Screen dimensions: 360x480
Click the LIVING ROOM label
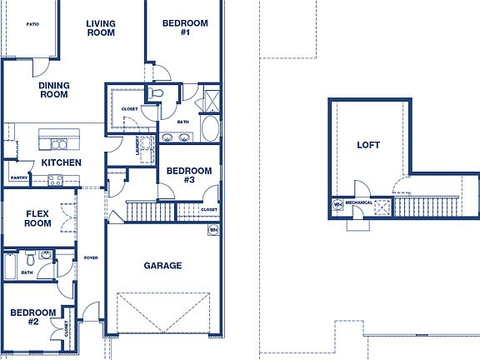click(101, 28)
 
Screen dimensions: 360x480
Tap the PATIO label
click(32, 25)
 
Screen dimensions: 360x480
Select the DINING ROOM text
click(53, 89)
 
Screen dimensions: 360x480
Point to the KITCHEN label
click(62, 162)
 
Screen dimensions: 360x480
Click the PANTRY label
click(19, 177)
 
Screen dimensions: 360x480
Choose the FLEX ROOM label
click(37, 218)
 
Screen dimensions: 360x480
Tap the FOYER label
click(91, 257)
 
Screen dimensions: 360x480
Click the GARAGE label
click(162, 266)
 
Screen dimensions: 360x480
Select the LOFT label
click(368, 145)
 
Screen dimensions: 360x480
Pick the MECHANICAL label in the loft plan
click(359, 202)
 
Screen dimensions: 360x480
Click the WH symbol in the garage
click(213, 230)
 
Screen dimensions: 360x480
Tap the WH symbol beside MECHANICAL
click(337, 203)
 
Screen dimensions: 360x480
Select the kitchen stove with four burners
click(56, 178)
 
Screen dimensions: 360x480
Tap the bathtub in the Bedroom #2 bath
click(9, 267)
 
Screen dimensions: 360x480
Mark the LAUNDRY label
click(138, 146)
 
